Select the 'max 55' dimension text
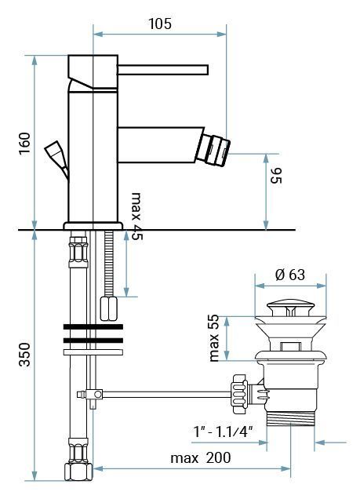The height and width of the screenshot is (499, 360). pos(214,337)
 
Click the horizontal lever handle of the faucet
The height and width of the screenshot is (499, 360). pos(165,66)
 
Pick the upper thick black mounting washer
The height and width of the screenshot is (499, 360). pos(93,325)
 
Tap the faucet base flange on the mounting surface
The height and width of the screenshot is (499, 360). pos(93,226)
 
